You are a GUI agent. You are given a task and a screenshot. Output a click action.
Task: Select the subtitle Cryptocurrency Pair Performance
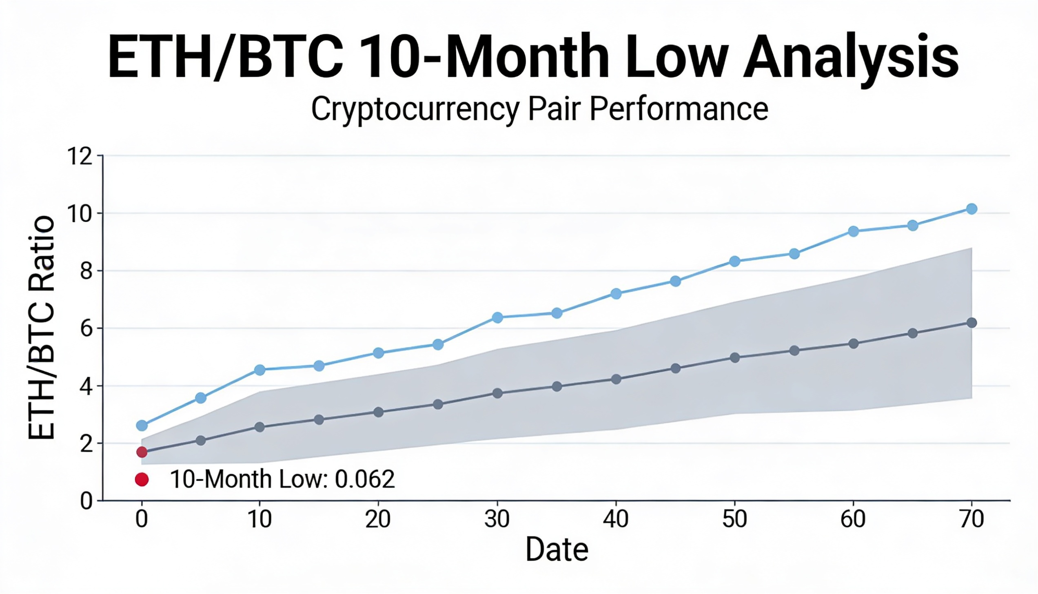coord(539,109)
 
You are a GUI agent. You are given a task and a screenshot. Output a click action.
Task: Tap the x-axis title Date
coord(557,550)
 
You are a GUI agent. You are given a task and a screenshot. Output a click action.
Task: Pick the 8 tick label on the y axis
coord(86,271)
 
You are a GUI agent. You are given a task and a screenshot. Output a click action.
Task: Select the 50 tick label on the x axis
coord(734,519)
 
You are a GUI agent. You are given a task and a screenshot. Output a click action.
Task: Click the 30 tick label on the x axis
coord(497,519)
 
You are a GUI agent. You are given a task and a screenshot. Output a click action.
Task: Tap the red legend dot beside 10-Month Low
coord(142,479)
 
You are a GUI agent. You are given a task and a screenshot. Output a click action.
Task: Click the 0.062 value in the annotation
coord(365,479)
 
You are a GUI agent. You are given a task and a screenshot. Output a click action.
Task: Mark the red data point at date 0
coord(142,452)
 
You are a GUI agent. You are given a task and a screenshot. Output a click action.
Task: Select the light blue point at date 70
coord(971,209)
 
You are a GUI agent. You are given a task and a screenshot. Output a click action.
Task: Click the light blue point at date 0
coord(142,426)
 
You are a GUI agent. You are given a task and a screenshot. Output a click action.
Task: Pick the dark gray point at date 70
coord(971,323)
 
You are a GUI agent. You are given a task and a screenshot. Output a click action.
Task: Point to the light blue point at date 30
coord(497,317)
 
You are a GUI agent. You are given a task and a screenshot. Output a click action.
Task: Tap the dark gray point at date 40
coord(616,379)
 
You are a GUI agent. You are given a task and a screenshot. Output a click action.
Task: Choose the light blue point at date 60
coord(853,231)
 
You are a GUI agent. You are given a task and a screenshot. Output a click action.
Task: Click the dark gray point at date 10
coord(259,427)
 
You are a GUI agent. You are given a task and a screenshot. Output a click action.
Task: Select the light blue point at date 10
coord(259,370)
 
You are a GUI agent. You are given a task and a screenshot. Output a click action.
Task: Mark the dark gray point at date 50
coord(734,358)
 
